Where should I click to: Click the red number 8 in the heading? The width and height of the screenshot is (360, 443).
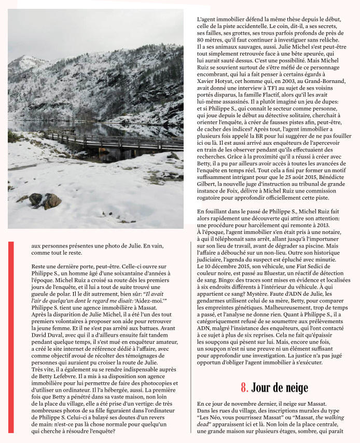(x=244, y=387)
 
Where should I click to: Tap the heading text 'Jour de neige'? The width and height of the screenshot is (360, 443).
(x=280, y=387)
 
